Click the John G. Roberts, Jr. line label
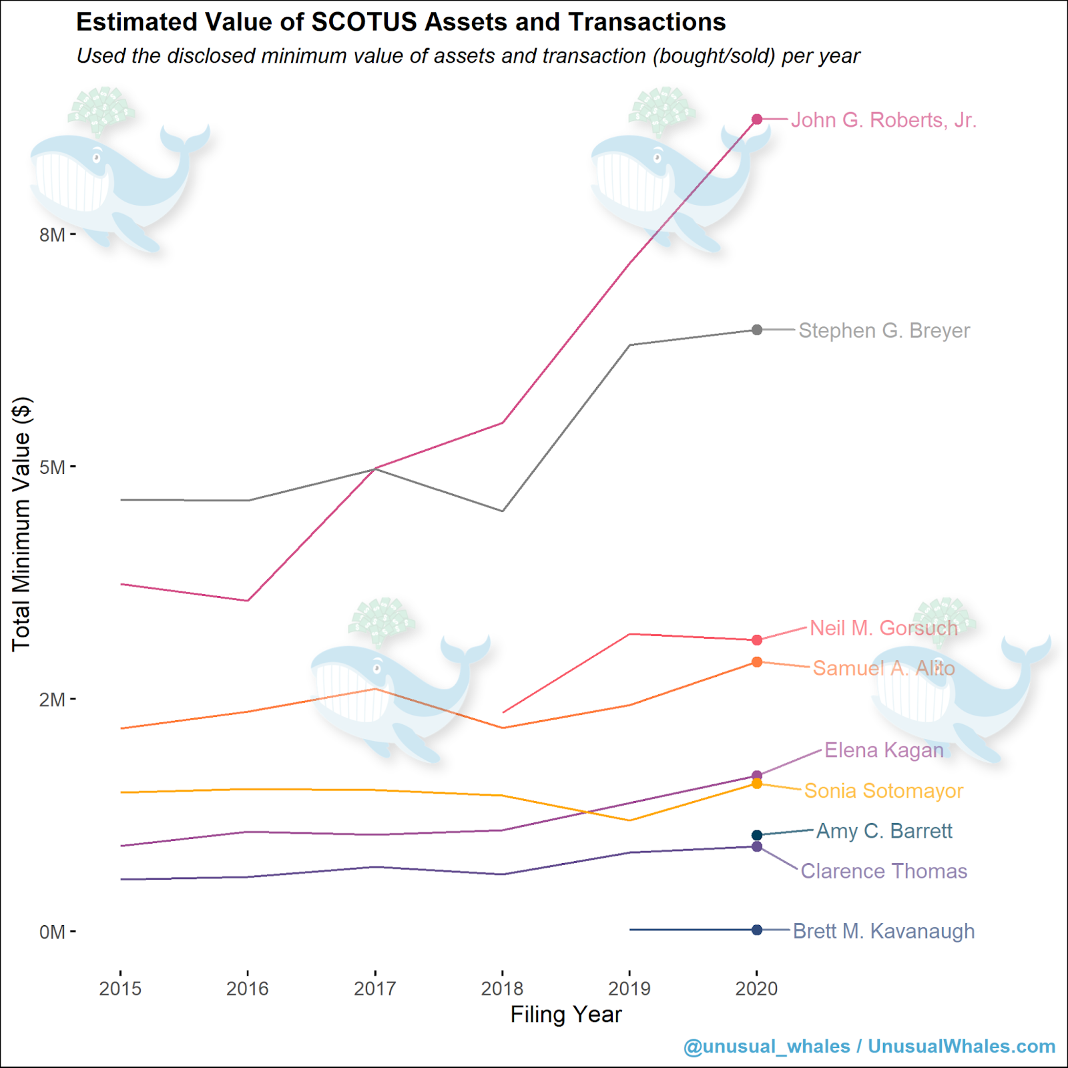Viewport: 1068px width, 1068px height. coord(883,120)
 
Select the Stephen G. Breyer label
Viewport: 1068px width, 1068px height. coord(884,330)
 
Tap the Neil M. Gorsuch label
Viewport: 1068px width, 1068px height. coord(883,628)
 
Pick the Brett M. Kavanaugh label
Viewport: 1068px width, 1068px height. coord(883,931)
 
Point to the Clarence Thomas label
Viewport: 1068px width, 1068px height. coord(883,871)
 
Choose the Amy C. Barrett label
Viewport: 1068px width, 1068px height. coord(884,831)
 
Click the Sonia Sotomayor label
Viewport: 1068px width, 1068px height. coord(883,791)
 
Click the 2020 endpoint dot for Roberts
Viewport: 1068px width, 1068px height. coord(757,119)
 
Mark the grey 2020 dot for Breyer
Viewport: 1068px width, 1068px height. coord(757,330)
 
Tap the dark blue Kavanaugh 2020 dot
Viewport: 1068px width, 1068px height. coord(757,930)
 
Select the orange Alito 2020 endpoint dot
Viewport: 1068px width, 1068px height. coord(757,662)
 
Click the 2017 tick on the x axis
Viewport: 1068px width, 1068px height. coord(375,989)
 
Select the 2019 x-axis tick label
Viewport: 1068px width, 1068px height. coord(629,989)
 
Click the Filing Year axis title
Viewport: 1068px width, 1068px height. coord(566,1015)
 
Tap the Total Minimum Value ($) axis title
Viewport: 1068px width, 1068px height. coord(21,524)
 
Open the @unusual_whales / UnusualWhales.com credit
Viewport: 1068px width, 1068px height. coord(869,1046)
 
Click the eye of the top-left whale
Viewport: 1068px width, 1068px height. coord(97,158)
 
